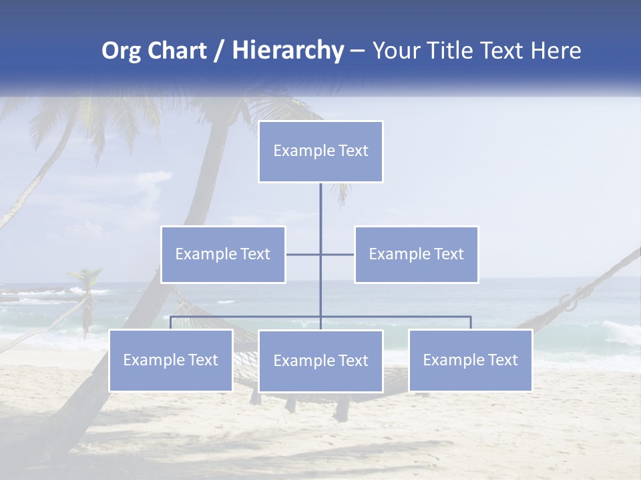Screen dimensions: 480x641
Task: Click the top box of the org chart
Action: point(320,151)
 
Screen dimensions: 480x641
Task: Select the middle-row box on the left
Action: point(223,254)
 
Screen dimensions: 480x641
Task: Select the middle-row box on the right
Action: point(416,254)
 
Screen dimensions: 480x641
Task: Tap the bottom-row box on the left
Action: point(171,360)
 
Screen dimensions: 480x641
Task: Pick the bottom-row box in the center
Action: point(320,361)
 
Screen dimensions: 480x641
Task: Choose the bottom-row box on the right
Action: point(470,360)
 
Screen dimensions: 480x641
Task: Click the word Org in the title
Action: point(121,51)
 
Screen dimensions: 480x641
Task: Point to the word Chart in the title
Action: point(176,51)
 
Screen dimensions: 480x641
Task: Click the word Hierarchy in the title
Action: point(287,51)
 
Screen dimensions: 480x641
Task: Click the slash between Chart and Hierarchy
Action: point(219,51)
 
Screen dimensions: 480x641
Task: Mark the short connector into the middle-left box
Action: point(302,254)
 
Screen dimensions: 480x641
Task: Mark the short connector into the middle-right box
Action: point(338,254)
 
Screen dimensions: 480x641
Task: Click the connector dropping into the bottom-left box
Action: point(171,323)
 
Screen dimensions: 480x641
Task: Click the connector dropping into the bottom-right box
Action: point(470,323)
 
